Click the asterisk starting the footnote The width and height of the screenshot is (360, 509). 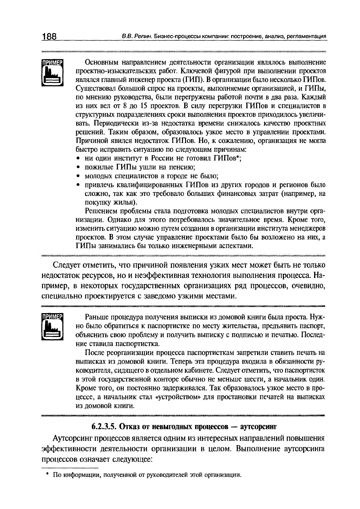(x=47, y=474)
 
